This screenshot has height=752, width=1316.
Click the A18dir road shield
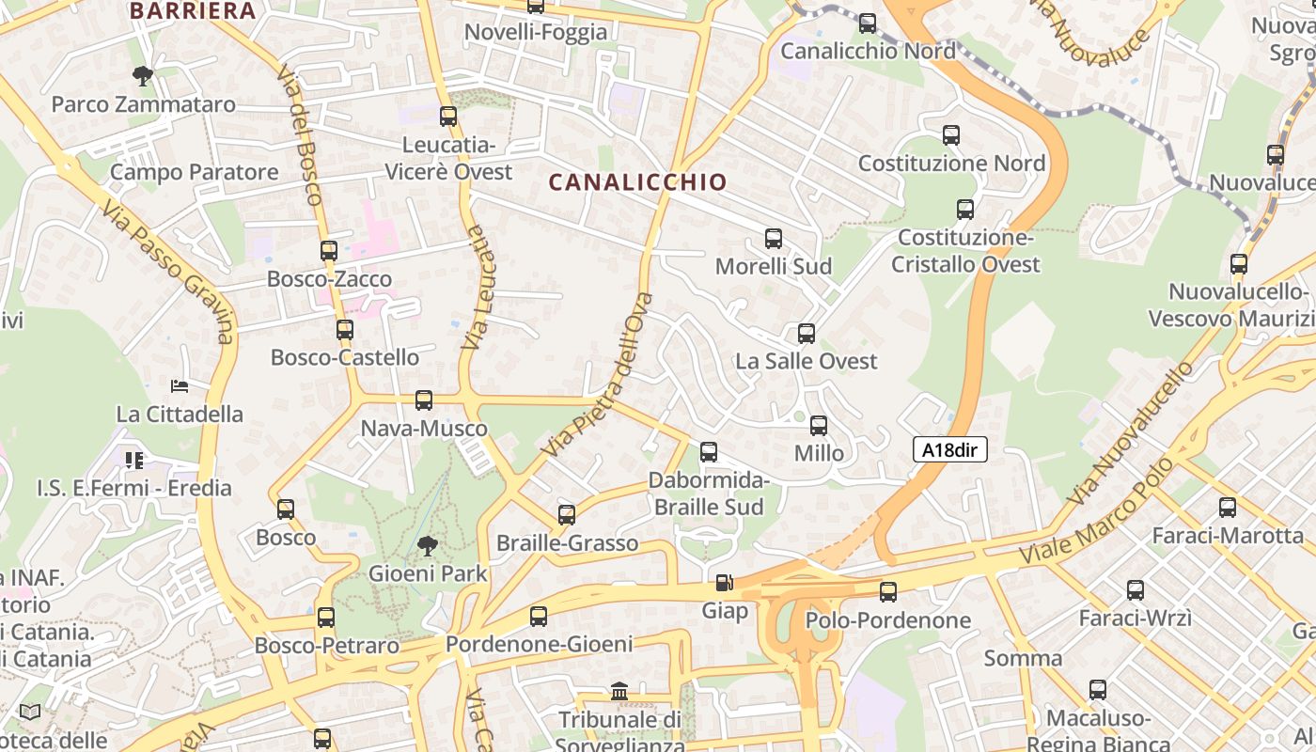pos(949,450)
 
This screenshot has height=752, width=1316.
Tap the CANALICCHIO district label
pos(637,182)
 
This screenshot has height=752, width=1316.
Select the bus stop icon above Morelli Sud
pos(774,239)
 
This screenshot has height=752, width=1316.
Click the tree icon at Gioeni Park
pos(428,545)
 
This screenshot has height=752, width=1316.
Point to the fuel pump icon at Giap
pos(723,584)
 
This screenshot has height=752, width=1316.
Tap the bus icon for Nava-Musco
pos(424,400)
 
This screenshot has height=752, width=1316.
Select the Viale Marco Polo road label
pos(1097,512)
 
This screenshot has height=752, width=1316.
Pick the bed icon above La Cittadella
pos(180,385)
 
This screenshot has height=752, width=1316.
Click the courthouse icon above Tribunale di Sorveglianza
pos(619,692)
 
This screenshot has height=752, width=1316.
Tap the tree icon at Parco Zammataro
pos(143,75)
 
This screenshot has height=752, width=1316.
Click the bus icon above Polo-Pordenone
pos(888,592)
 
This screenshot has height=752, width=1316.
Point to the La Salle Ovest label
pos(806,361)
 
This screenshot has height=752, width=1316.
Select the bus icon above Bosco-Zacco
pos(329,251)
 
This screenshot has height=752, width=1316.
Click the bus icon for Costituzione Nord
pos(951,135)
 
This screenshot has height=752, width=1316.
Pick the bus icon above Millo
pos(819,426)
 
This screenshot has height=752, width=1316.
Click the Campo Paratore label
pos(195,173)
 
